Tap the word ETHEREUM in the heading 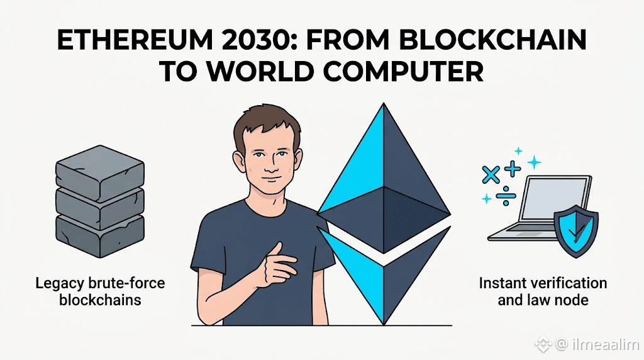point(134,40)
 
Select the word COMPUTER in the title point(403,72)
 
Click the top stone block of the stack point(100,167)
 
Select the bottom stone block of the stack point(100,235)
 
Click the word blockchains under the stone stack point(100,300)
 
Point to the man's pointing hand point(275,265)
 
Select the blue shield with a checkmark point(576,231)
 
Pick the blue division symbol point(506,195)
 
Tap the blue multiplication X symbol point(491,175)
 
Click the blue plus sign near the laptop point(513,168)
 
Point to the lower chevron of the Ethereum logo point(384,274)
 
